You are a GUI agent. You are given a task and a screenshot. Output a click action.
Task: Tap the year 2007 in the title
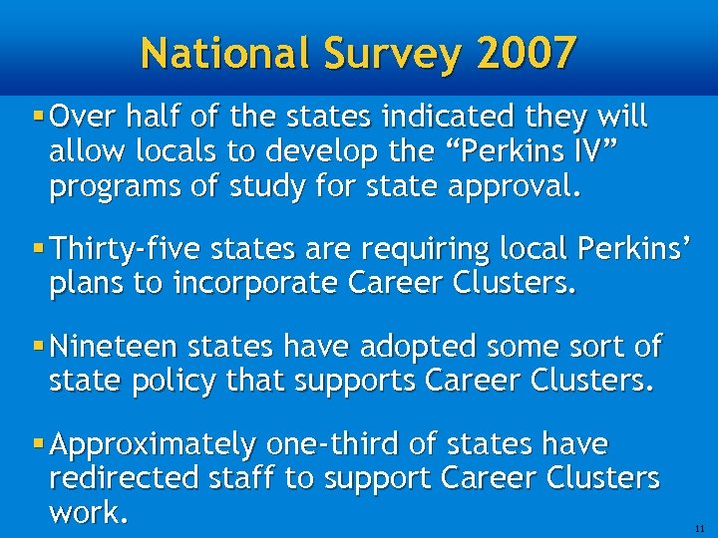tap(525, 52)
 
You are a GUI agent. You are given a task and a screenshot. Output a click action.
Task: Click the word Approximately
tap(153, 443)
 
